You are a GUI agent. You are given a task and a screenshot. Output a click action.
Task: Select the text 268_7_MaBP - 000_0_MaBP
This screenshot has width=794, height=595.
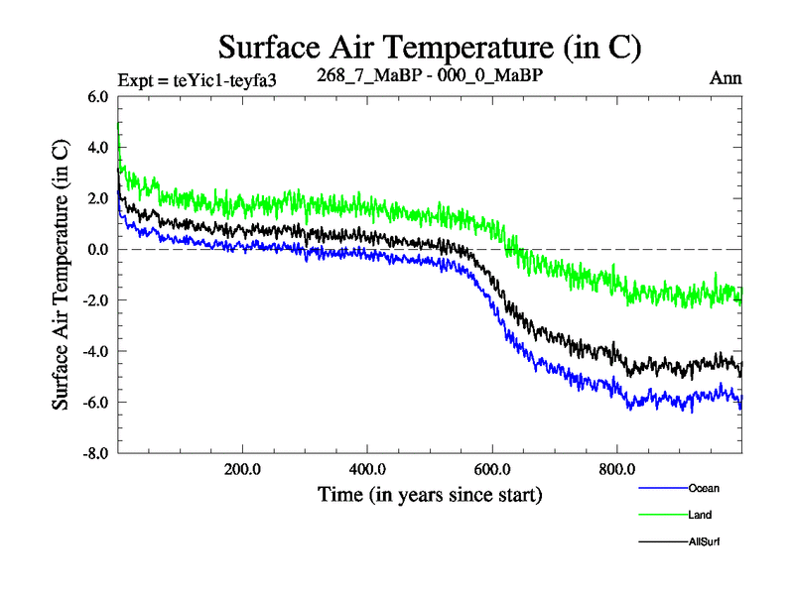pyautogui.click(x=430, y=75)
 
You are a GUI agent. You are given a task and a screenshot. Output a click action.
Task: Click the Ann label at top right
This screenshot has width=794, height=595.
pyautogui.click(x=727, y=78)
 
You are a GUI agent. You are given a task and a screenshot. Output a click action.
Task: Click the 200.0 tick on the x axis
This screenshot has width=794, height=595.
pyautogui.click(x=243, y=469)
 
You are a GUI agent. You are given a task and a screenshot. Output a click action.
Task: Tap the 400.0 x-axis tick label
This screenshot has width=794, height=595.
pyautogui.click(x=367, y=469)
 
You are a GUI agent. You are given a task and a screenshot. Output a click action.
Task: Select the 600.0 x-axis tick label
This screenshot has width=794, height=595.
pyautogui.click(x=492, y=469)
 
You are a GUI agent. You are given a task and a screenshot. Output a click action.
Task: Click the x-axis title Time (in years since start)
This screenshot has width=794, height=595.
pyautogui.click(x=430, y=494)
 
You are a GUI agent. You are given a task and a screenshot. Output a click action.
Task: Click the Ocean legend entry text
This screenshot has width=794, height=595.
pyautogui.click(x=703, y=488)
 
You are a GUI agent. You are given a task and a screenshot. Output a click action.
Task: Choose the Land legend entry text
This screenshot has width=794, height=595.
pyautogui.click(x=700, y=515)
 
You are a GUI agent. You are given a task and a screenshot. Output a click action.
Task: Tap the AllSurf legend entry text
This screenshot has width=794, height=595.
pyautogui.click(x=704, y=541)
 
